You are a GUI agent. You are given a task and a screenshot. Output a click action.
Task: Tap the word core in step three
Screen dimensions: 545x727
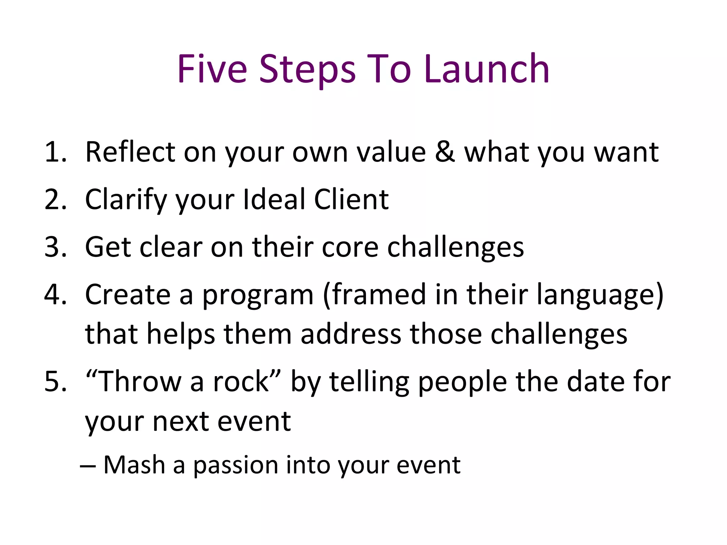coord(350,247)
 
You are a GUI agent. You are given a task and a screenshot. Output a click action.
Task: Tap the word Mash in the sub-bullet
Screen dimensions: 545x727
coord(134,465)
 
